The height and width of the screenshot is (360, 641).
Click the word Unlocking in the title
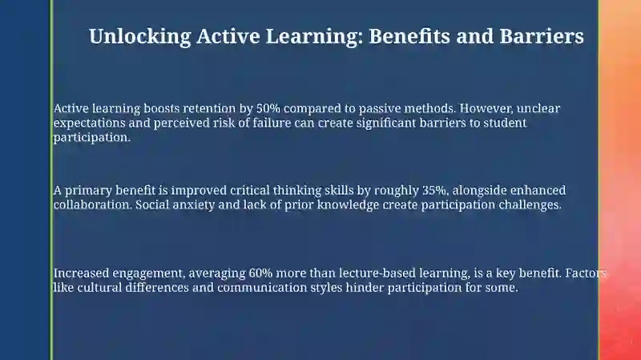139,36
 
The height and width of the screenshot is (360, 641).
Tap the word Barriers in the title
542,35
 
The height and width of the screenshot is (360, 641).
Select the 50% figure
268,108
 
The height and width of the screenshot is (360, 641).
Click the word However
486,109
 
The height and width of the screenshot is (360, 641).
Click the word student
505,123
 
